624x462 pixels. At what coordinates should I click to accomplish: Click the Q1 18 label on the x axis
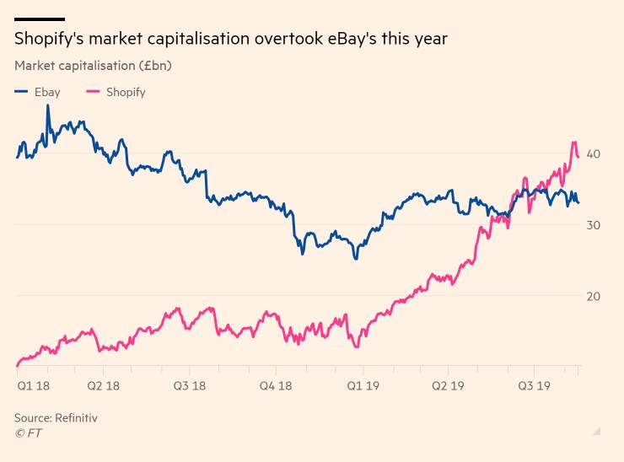click(34, 385)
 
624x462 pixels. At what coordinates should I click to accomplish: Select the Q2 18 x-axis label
click(104, 385)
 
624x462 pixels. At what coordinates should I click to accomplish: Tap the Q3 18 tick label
click(190, 385)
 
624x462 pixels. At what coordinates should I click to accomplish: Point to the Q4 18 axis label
click(276, 385)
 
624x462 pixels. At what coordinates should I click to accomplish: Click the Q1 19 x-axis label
click(363, 385)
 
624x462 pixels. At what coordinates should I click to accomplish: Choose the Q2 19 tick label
click(448, 385)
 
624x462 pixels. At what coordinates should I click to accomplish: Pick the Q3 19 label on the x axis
click(534, 385)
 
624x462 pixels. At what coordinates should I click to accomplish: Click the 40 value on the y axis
click(594, 154)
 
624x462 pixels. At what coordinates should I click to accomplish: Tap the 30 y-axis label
click(594, 225)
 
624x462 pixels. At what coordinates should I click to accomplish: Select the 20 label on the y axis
click(594, 297)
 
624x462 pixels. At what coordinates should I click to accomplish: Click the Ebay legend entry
click(37, 92)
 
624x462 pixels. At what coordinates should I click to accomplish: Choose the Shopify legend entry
click(116, 93)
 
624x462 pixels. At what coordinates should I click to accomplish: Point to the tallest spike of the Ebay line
click(48, 105)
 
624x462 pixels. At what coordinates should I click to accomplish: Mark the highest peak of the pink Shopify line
click(574, 142)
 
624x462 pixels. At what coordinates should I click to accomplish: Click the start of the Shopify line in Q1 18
click(17, 365)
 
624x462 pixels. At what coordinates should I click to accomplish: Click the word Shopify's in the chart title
click(49, 39)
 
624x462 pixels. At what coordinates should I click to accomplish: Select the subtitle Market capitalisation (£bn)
click(93, 66)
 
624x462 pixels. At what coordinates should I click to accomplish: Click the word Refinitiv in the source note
click(76, 418)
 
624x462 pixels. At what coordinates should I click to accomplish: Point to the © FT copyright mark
click(29, 433)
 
